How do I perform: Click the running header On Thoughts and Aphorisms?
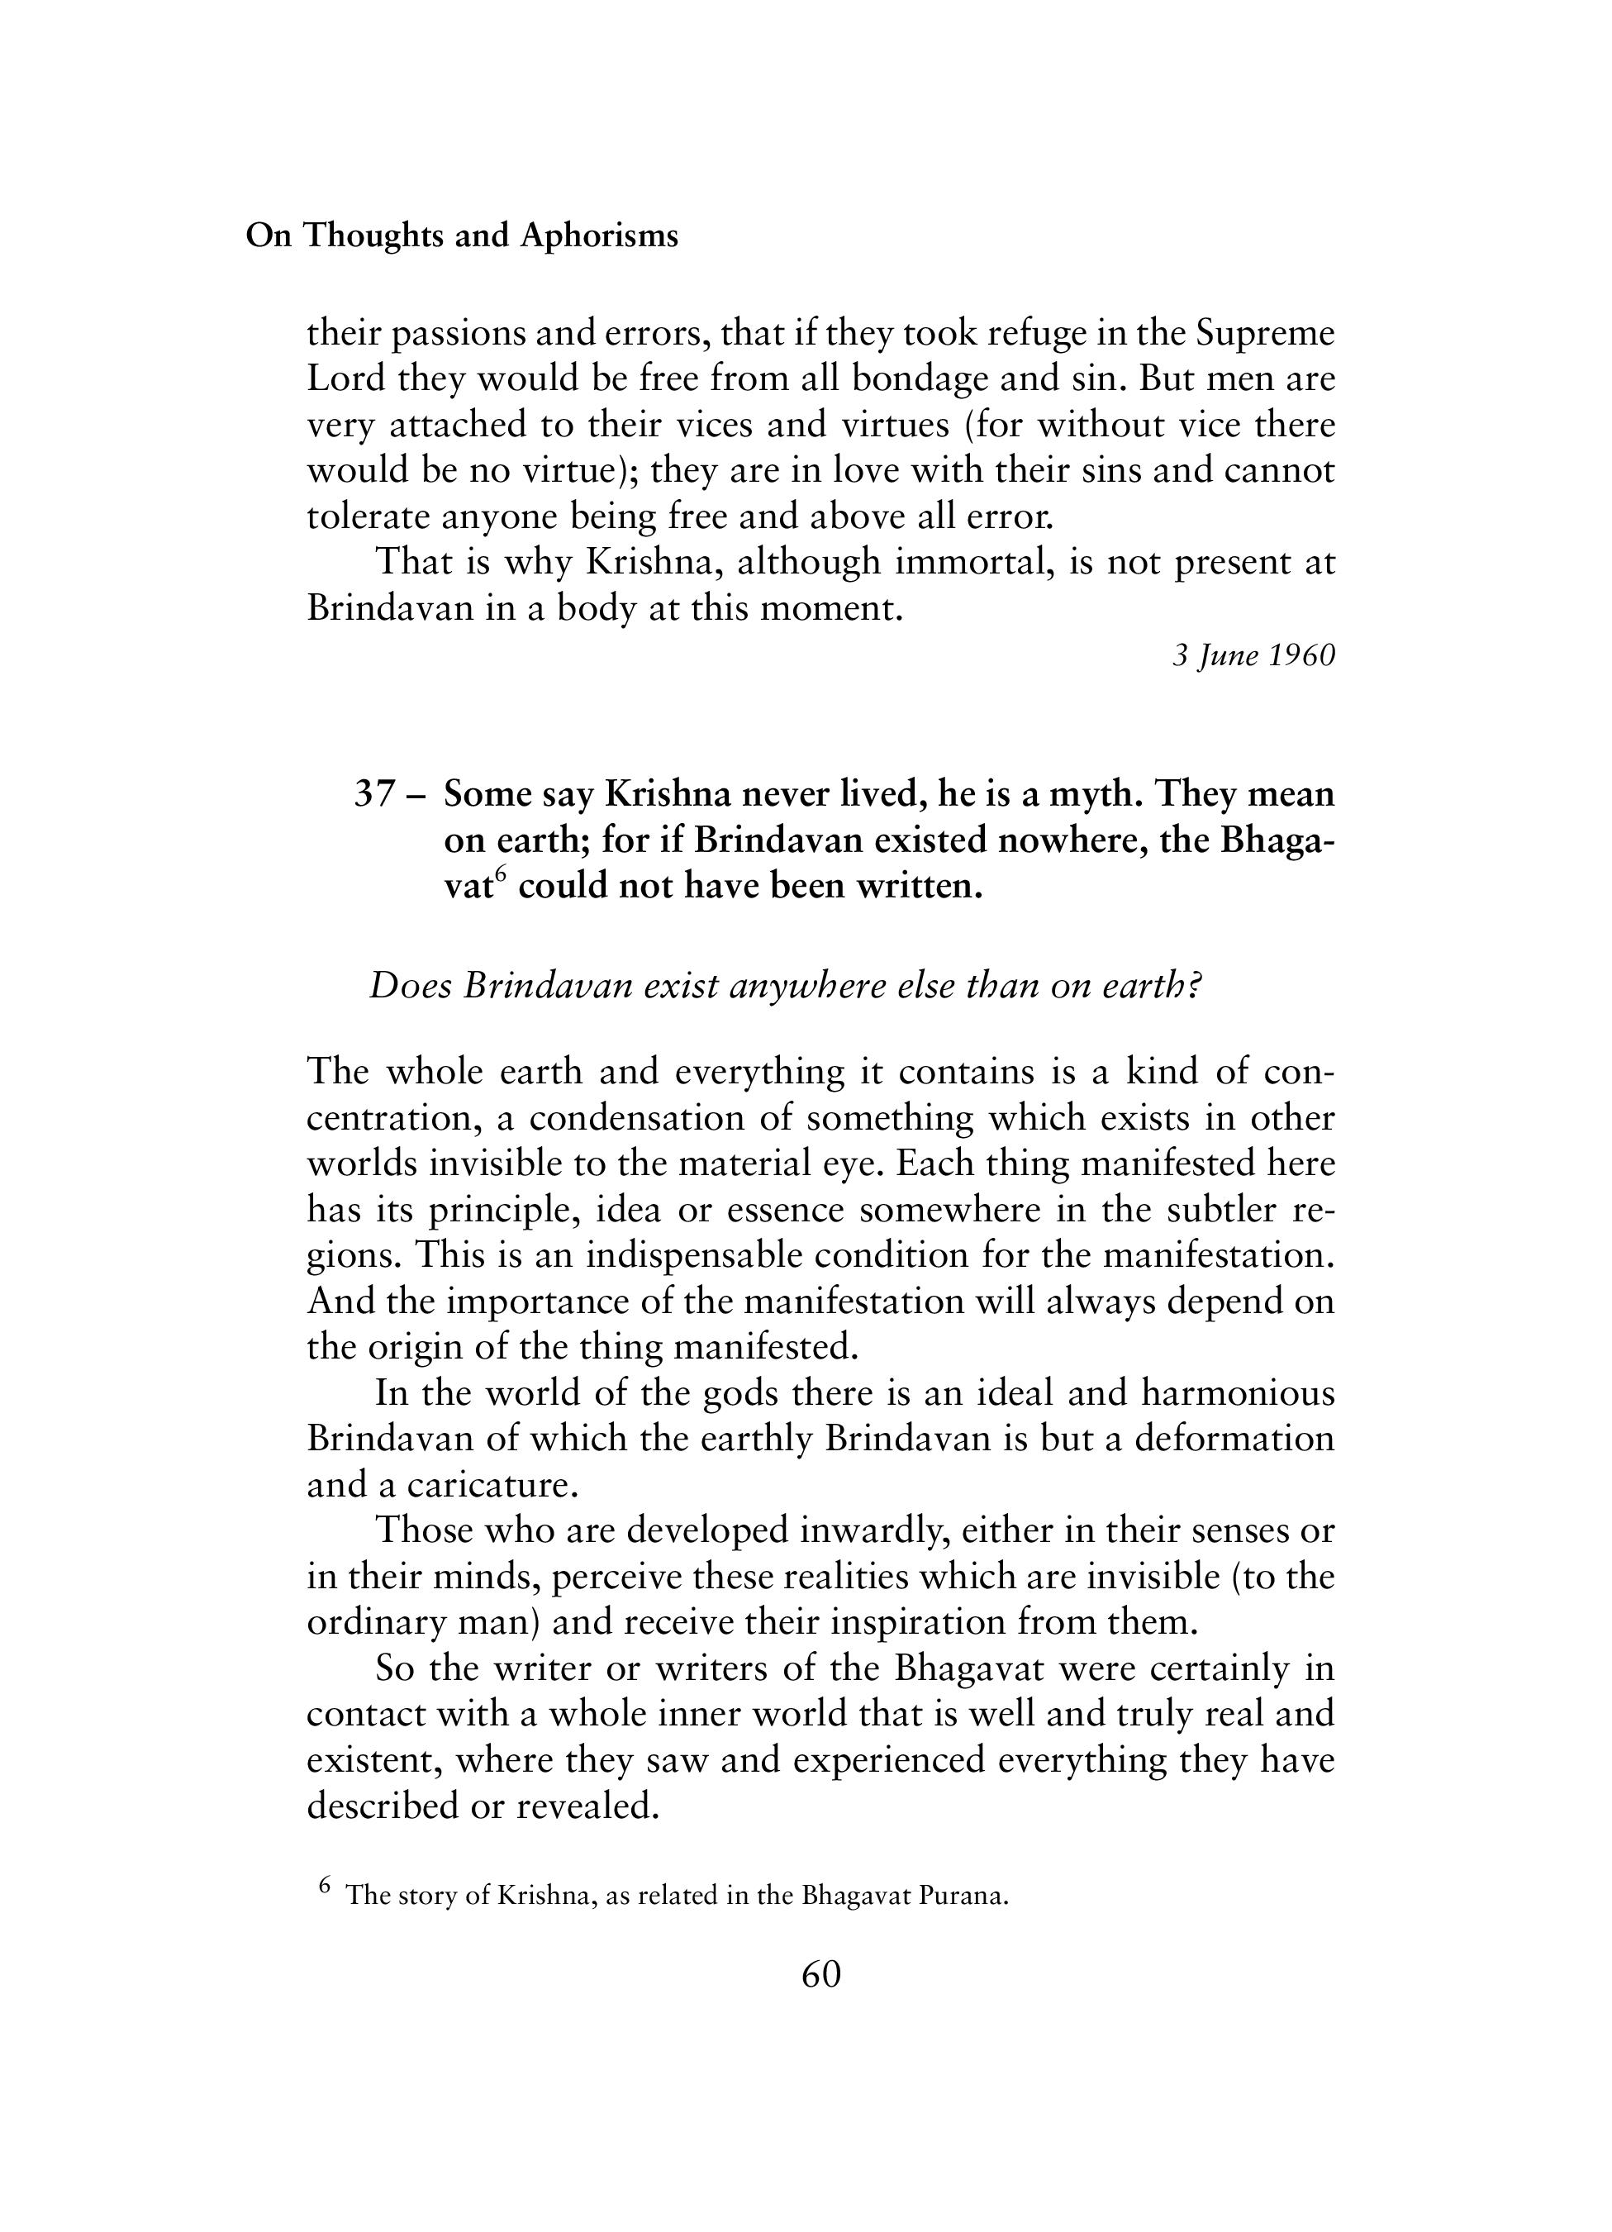click(462, 236)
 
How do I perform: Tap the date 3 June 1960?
click(1253, 655)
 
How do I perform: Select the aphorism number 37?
click(374, 794)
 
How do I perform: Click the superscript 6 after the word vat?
click(499, 875)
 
